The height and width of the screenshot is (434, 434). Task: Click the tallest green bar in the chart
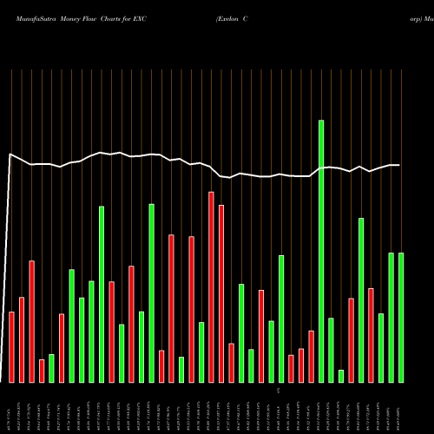pos(321,251)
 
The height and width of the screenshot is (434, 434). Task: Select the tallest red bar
pos(211,286)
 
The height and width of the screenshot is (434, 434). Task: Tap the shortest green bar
pos(341,376)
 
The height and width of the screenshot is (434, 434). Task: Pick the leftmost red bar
pos(11,346)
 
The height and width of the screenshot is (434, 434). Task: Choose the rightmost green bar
pos(401,317)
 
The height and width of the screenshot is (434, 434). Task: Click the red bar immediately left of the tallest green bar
pos(311,356)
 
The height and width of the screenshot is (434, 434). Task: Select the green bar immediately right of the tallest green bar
pos(331,350)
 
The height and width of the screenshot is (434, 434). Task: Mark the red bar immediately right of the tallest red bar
pos(221,293)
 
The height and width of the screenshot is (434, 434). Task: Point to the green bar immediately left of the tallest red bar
pos(201,352)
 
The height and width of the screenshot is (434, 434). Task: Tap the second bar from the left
pos(22,339)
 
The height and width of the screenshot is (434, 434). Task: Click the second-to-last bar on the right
pos(391,317)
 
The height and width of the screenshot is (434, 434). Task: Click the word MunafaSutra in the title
pos(27,18)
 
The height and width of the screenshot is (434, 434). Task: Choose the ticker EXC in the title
pos(139,18)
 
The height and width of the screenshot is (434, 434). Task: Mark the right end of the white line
pos(399,165)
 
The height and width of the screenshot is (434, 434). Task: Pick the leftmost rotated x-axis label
pos(10,412)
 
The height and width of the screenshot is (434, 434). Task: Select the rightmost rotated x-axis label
pos(400,412)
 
